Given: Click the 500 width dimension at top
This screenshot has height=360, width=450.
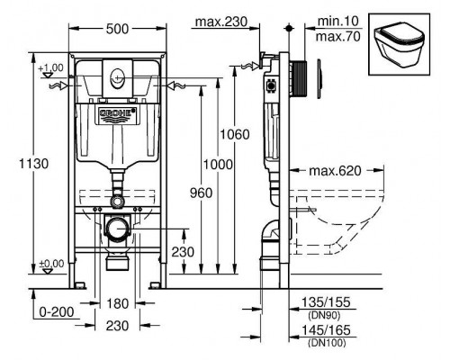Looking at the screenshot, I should pyautogui.click(x=116, y=30).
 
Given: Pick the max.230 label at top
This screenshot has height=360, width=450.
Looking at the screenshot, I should pyautogui.click(x=220, y=22).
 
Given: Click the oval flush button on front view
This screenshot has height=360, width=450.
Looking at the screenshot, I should pyautogui.click(x=118, y=79).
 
